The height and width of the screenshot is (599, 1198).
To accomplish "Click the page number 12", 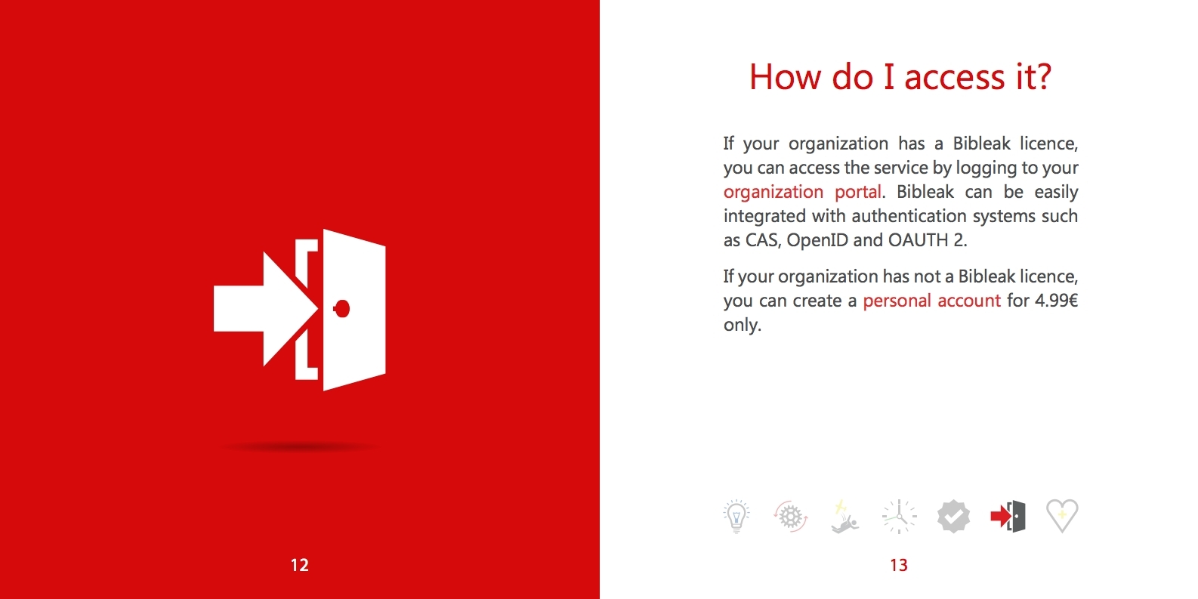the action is [299, 565].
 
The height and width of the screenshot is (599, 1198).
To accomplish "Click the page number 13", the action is [899, 565].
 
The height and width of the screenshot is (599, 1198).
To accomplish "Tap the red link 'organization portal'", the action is [802, 192].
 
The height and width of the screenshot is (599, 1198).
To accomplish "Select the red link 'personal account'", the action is [931, 301].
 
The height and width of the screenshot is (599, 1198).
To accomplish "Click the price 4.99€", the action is [1056, 301].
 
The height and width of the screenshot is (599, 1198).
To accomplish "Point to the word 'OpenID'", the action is [817, 241].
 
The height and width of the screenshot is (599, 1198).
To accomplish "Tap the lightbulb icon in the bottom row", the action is [736, 516].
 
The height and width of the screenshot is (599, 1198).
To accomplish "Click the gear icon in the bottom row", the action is [790, 516].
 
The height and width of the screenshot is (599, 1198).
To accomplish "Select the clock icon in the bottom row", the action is [899, 517].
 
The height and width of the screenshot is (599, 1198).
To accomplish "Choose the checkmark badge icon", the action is [953, 516].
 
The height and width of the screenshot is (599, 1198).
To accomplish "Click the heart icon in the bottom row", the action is [1062, 516].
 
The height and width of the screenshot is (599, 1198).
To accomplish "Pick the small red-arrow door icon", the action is [1008, 516].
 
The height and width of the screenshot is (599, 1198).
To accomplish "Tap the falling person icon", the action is [844, 517].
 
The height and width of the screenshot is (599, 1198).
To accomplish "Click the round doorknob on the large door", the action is [341, 309].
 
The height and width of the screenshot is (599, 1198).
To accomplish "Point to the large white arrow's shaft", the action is [239, 309].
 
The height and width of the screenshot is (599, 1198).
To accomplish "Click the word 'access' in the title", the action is [955, 78].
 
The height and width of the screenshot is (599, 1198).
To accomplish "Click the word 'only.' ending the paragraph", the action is [743, 325].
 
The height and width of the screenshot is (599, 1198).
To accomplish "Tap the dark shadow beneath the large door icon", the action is [299, 446].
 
